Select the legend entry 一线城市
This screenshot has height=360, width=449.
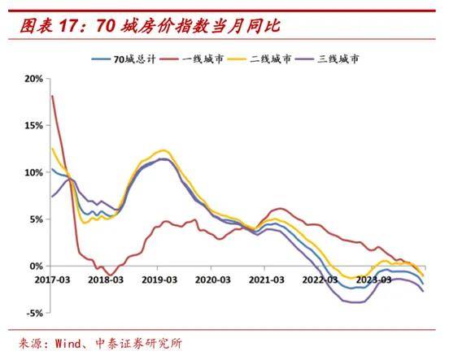[x=199, y=59]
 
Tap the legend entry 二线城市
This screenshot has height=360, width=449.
[x=268, y=59]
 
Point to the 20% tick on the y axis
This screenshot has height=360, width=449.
[x=33, y=79]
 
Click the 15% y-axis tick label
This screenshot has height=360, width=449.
[x=33, y=126]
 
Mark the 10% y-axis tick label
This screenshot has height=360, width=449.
[x=33, y=172]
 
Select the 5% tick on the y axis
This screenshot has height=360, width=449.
[x=36, y=219]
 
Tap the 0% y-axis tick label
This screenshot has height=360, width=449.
[x=36, y=266]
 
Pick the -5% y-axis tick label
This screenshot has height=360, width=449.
[x=34, y=313]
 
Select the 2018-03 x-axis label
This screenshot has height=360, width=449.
[x=107, y=279]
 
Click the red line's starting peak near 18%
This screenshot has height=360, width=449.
[x=52, y=96]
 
